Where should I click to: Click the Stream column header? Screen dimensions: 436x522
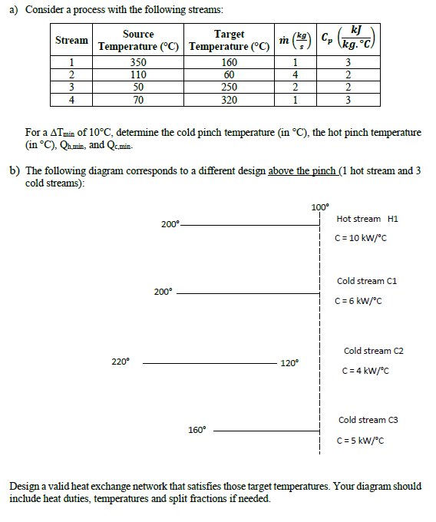click(71, 40)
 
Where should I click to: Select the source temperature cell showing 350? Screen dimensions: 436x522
click(138, 63)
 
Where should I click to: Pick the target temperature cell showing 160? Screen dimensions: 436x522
click(229, 63)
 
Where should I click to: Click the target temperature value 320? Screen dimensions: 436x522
click(229, 99)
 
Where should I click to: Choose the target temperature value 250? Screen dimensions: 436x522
click(229, 88)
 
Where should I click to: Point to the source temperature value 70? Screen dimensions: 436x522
click(138, 99)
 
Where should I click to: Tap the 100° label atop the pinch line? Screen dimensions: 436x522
click(319, 207)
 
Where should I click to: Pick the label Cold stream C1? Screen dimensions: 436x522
click(367, 282)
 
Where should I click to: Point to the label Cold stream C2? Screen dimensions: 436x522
click(373, 351)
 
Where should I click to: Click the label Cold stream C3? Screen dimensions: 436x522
click(368, 420)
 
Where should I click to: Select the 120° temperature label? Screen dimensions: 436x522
click(289, 363)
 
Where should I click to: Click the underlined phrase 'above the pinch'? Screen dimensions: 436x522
click(302, 170)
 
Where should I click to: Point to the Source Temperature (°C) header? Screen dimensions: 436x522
click(138, 40)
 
